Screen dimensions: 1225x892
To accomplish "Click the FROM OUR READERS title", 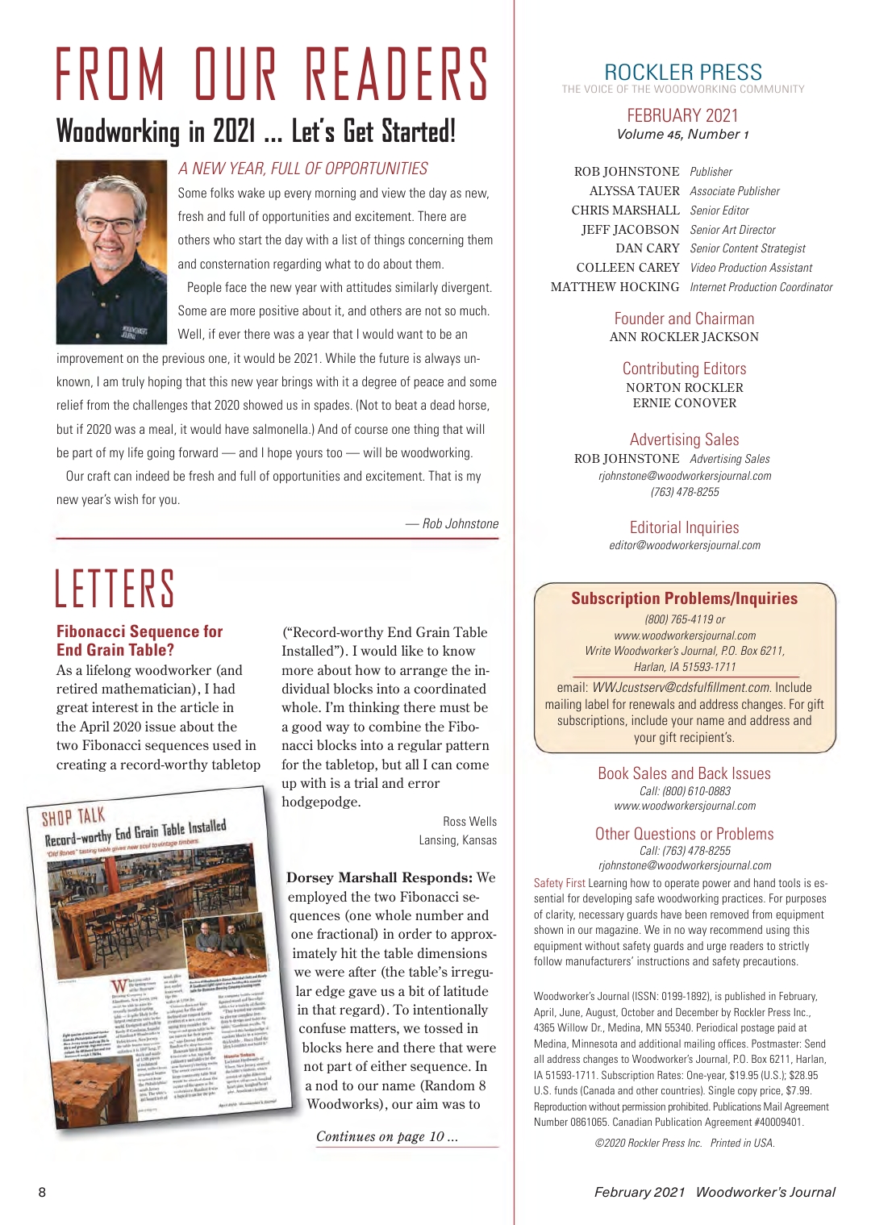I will pos(273,73).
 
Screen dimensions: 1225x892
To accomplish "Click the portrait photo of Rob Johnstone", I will pos(111,252).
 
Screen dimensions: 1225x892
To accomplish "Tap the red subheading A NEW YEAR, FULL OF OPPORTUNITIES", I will pos(302,169).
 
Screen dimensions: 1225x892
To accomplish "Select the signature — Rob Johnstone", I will pos(452,523).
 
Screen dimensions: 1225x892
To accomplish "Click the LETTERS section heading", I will pos(115,588).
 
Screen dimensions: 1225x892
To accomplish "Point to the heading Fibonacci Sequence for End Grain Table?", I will pos(139,640).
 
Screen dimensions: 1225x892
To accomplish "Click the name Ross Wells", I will pos(469,821).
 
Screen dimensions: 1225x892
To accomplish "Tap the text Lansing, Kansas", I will pos(457,840).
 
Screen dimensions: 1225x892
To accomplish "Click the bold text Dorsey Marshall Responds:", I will pos(379,877).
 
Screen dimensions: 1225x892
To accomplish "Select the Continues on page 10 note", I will pos(386,1136).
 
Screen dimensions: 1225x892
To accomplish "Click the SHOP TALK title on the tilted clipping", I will pos(73,818).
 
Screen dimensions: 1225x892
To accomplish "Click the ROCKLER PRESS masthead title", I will pos(682,72).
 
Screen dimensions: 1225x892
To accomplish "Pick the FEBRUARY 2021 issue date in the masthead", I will pos(682,115).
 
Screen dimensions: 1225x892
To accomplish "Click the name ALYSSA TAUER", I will pos(634,191).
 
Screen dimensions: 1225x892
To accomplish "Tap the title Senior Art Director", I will pos(732,230).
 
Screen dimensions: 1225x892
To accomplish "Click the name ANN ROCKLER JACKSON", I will pos(684,337).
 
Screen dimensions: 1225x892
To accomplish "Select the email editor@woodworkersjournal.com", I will pos(684,545).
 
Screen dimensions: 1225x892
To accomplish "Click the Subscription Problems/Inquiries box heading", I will pos(684,598).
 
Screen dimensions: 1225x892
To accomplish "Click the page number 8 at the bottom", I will pos(43,1192).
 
